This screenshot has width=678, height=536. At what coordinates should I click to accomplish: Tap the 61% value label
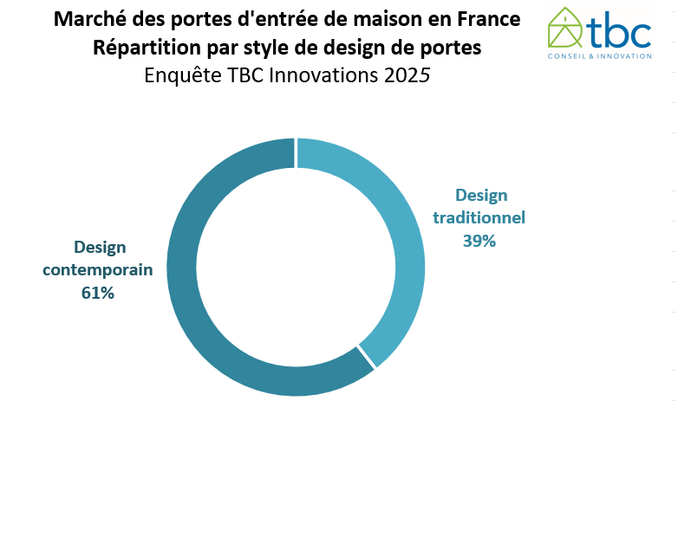(98, 293)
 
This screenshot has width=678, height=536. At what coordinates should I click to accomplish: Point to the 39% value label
(479, 241)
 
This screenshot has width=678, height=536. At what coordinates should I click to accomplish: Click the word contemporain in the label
(98, 269)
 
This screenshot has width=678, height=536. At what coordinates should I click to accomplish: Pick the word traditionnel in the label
(479, 217)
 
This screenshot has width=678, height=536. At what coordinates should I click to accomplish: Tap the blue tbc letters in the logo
(618, 32)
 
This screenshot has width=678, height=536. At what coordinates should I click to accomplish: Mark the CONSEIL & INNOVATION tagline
(599, 56)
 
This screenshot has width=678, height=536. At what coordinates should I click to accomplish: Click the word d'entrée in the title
(271, 18)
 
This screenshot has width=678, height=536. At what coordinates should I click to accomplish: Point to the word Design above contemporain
(99, 247)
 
